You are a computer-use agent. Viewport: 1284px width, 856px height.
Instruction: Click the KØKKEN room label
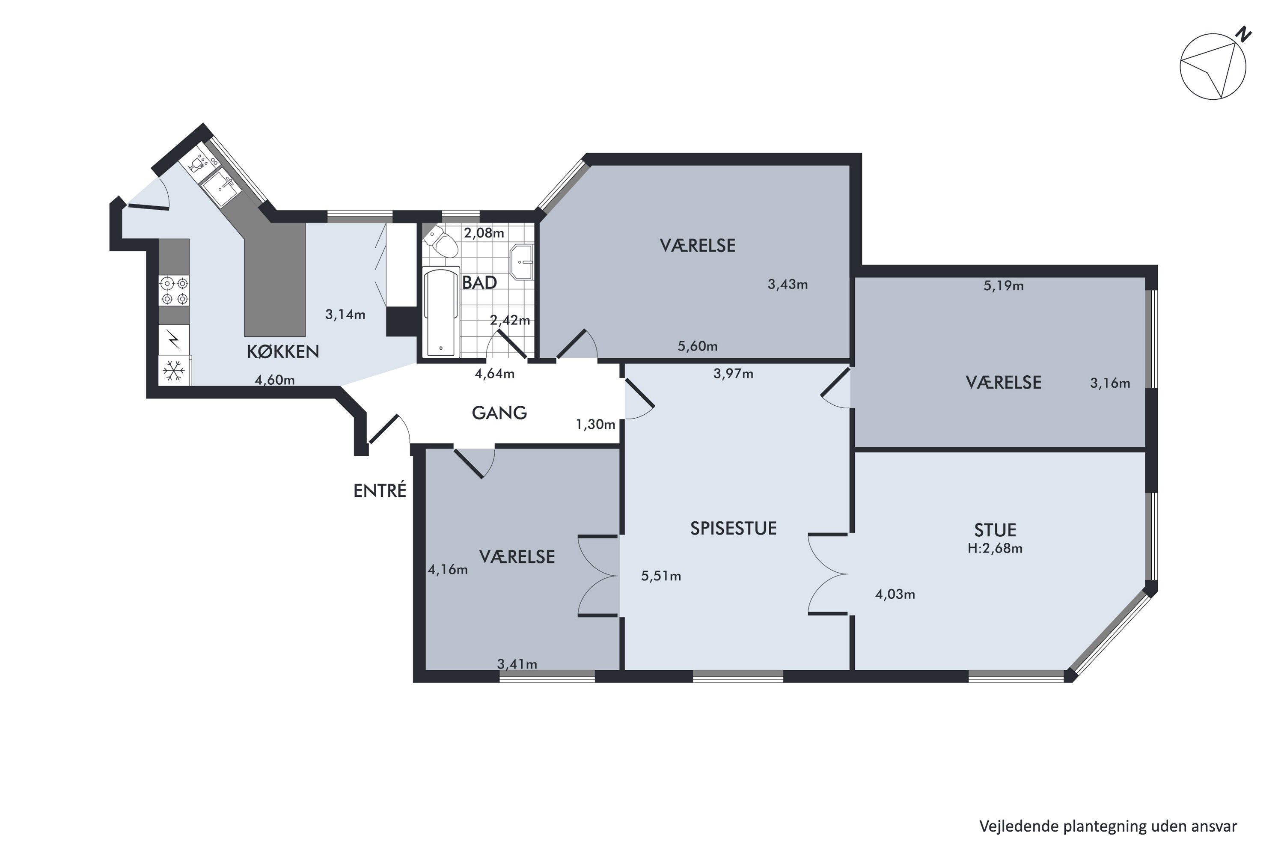click(x=283, y=351)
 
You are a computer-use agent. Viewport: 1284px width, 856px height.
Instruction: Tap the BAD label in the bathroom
click(x=479, y=283)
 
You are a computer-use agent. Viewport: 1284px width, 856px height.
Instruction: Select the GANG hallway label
click(x=499, y=413)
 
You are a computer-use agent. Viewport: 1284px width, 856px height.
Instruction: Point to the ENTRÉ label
click(x=380, y=490)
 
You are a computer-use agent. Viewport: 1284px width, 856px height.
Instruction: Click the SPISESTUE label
click(x=733, y=529)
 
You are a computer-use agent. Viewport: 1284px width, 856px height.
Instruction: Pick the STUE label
click(x=995, y=530)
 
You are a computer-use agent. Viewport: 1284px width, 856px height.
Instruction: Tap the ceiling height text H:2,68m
click(x=995, y=548)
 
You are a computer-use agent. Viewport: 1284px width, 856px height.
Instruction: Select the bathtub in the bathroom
click(x=442, y=312)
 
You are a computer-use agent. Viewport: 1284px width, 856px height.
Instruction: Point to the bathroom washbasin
click(x=522, y=262)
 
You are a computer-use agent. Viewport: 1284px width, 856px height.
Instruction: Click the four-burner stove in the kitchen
click(x=174, y=291)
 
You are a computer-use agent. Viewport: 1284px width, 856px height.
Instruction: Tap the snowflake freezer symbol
click(x=174, y=371)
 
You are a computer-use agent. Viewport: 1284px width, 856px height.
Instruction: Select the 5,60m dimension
click(x=698, y=346)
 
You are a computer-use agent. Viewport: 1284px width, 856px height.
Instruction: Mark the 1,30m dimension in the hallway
click(x=596, y=424)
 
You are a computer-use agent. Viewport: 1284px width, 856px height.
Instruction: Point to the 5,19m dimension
click(x=1003, y=286)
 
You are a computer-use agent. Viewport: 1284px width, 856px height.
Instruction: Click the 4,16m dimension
click(x=448, y=570)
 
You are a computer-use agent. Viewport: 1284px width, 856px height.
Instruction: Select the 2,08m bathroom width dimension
click(x=484, y=233)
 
